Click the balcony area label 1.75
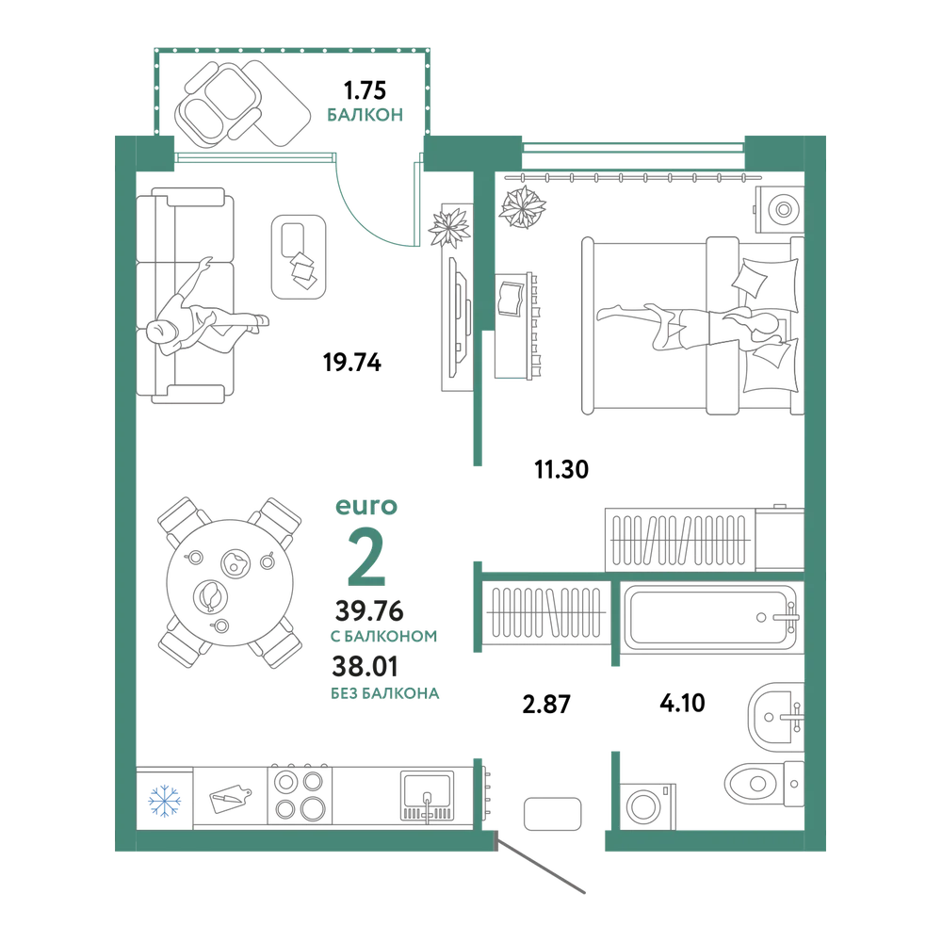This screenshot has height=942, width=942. coord(365,90)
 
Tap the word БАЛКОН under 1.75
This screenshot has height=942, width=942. coord(365,115)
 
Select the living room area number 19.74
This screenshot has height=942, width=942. coord(352,363)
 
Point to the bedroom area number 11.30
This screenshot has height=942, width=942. coord(561,469)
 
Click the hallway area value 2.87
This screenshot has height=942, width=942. coord(546,704)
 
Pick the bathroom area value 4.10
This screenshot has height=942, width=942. coord(682,703)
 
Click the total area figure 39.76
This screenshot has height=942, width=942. coord(369,611)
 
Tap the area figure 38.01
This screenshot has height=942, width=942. coord(365,666)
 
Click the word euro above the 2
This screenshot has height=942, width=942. coord(366,507)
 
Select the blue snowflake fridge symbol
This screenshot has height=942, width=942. coord(165,800)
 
